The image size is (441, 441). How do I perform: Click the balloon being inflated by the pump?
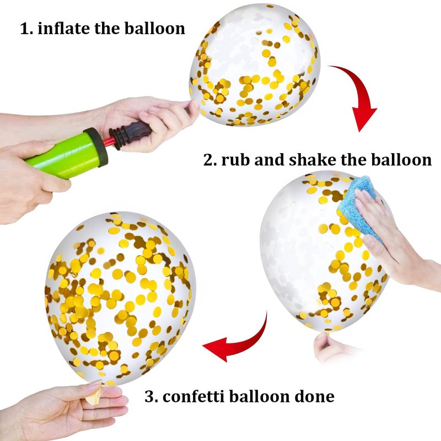coord(255,65)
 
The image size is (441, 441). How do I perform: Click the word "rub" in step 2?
coord(235,160)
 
